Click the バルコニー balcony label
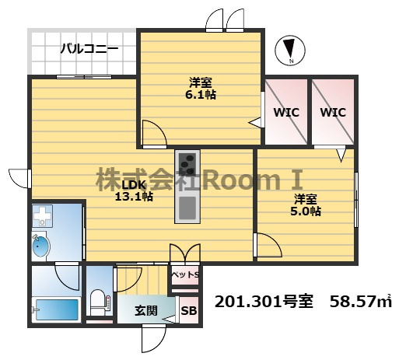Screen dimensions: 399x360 pyautogui.click(x=89, y=49)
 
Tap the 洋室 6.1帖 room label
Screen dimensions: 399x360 pyautogui.click(x=201, y=89)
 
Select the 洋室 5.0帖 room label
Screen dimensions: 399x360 pyautogui.click(x=306, y=205)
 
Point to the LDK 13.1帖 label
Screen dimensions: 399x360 pyautogui.click(x=134, y=191)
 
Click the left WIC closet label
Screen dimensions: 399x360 pyautogui.click(x=286, y=113)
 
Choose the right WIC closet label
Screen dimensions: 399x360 pyautogui.click(x=333, y=113)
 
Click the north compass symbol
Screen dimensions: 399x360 pyautogui.click(x=290, y=51)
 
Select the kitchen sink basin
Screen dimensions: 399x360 pyautogui.click(x=187, y=208)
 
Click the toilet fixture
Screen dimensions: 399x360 pyautogui.click(x=99, y=302)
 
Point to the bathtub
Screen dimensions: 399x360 pyautogui.click(x=57, y=309)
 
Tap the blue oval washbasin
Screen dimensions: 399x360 pyautogui.click(x=41, y=246)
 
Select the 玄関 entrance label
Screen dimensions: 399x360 pyautogui.click(x=146, y=310)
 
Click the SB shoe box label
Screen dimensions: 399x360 pyautogui.click(x=189, y=311)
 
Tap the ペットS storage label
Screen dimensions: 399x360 pyautogui.click(x=186, y=274)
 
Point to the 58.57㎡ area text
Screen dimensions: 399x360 pyautogui.click(x=361, y=302)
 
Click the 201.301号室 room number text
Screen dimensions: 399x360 pyautogui.click(x=264, y=302)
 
